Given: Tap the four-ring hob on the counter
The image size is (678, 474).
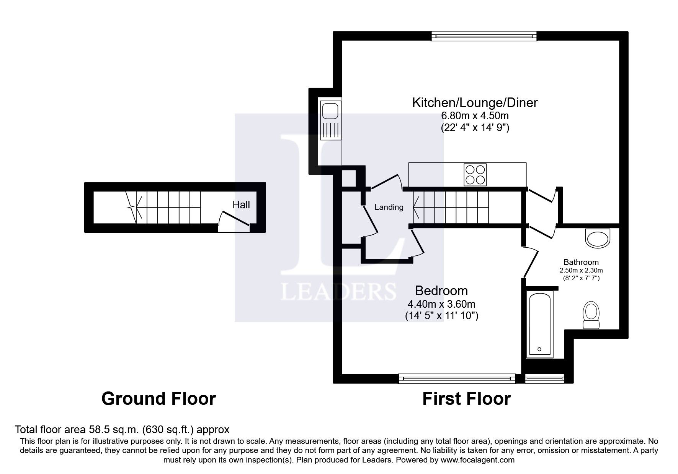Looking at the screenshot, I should pyautogui.click(x=475, y=174).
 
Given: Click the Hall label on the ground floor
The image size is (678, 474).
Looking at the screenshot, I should pyautogui.click(x=241, y=205).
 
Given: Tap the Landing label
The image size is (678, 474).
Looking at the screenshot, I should pyautogui.click(x=389, y=207).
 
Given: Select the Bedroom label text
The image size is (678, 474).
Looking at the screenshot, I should pyautogui.click(x=441, y=291).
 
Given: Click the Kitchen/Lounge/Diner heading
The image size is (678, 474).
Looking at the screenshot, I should pyautogui.click(x=475, y=102).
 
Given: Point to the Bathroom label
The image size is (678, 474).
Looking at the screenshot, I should pyautogui.click(x=581, y=262).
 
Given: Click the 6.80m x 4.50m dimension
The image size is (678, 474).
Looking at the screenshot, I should pyautogui.click(x=475, y=115).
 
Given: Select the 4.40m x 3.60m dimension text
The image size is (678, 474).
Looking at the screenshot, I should pyautogui.click(x=441, y=304).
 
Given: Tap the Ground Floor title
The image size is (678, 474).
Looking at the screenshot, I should pyautogui.click(x=158, y=399).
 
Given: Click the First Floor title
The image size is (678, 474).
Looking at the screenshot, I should pyautogui.click(x=466, y=399).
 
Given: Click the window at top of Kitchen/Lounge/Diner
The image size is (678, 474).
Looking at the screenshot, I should pyautogui.click(x=484, y=36).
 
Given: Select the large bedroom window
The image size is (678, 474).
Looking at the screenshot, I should pyautogui.click(x=457, y=378).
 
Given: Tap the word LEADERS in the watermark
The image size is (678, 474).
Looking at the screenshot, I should pyautogui.click(x=338, y=291).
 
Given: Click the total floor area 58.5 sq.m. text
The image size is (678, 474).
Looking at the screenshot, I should pyautogui.click(x=122, y=429).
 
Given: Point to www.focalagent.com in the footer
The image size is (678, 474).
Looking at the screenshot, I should pyautogui.click(x=477, y=460).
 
